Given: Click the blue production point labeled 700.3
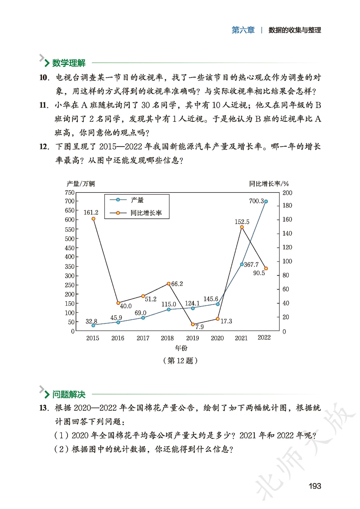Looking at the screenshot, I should click(266, 202).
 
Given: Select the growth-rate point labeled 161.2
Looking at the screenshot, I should click(93, 219).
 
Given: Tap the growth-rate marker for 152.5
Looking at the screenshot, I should click(242, 227).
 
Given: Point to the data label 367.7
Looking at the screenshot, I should click(251, 265).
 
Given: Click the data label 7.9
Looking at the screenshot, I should click(199, 327).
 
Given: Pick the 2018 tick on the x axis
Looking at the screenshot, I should click(167, 338).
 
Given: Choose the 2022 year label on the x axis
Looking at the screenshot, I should click(264, 337).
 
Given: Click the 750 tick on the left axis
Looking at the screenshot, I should click(70, 192).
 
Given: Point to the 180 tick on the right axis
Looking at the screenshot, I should click(287, 205).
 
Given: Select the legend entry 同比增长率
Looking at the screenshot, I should click(146, 213).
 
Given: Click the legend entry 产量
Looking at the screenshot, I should click(137, 200).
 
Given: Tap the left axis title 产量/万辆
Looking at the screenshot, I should click(81, 184).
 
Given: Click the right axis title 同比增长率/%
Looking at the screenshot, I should click(269, 184).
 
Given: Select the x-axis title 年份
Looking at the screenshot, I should click(181, 348).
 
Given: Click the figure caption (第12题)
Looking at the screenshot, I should click(180, 361).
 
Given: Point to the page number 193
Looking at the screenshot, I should click(314, 486).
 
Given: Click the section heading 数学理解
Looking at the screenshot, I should click(69, 63).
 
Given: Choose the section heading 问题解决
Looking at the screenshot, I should click(69, 394).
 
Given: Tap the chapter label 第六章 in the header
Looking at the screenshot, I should click(243, 30).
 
